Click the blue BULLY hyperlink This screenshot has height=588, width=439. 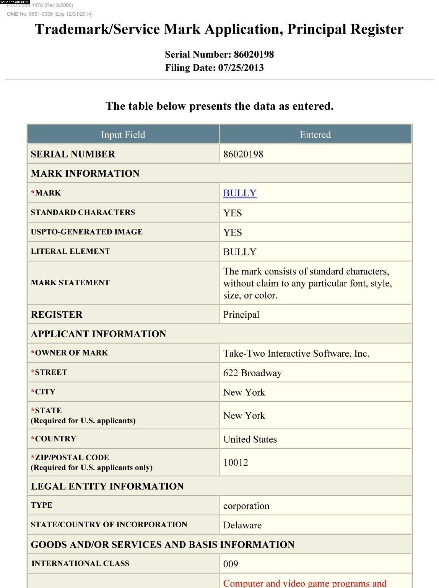tap(240, 193)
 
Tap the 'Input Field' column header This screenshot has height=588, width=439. tap(123, 135)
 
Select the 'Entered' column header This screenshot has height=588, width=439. tap(315, 135)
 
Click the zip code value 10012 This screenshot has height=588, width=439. tap(236, 463)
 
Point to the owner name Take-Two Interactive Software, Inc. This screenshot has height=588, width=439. tap(296, 353)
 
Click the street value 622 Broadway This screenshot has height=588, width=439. tap(252, 373)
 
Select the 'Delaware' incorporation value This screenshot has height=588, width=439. tap(242, 525)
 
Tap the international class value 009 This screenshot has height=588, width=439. tap(231, 564)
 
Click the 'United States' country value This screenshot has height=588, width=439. tap(250, 439)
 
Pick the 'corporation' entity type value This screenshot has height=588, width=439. tap(246, 506)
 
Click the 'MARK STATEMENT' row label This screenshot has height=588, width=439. tap(70, 283)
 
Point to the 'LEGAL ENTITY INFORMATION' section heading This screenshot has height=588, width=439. tap(107, 486)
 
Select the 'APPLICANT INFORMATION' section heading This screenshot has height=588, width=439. tap(99, 334)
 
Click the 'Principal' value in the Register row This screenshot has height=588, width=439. tap(241, 315)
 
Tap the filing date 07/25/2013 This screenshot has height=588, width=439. tap(241, 68)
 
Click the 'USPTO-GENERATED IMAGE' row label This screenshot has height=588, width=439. tap(87, 232)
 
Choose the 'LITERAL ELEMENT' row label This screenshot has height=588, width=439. tap(70, 251)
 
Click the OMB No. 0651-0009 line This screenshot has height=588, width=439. tap(50, 14)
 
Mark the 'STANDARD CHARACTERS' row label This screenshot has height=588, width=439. tap(83, 212)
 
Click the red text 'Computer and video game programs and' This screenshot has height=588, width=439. tap(305, 583)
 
